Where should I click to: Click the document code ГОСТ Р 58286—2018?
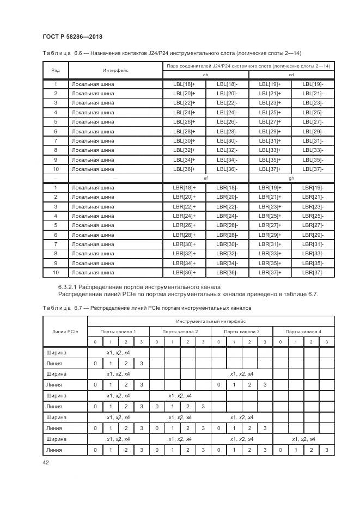point(72,36)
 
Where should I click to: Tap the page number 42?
point(46,462)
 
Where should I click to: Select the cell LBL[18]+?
point(184,84)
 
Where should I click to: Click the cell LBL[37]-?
point(313,169)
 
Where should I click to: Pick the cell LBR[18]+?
point(184,187)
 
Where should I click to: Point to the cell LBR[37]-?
point(313,272)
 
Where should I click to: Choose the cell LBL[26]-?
point(227,122)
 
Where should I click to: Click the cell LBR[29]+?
point(270,235)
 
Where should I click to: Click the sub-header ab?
point(205,75)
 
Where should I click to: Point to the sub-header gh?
point(291,178)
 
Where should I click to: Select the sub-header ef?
point(205,178)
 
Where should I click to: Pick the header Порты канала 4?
point(303,331)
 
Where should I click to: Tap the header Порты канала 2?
point(179,331)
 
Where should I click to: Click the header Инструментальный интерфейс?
point(211,321)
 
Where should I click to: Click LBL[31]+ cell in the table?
point(270,140)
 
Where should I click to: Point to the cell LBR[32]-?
point(227,254)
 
